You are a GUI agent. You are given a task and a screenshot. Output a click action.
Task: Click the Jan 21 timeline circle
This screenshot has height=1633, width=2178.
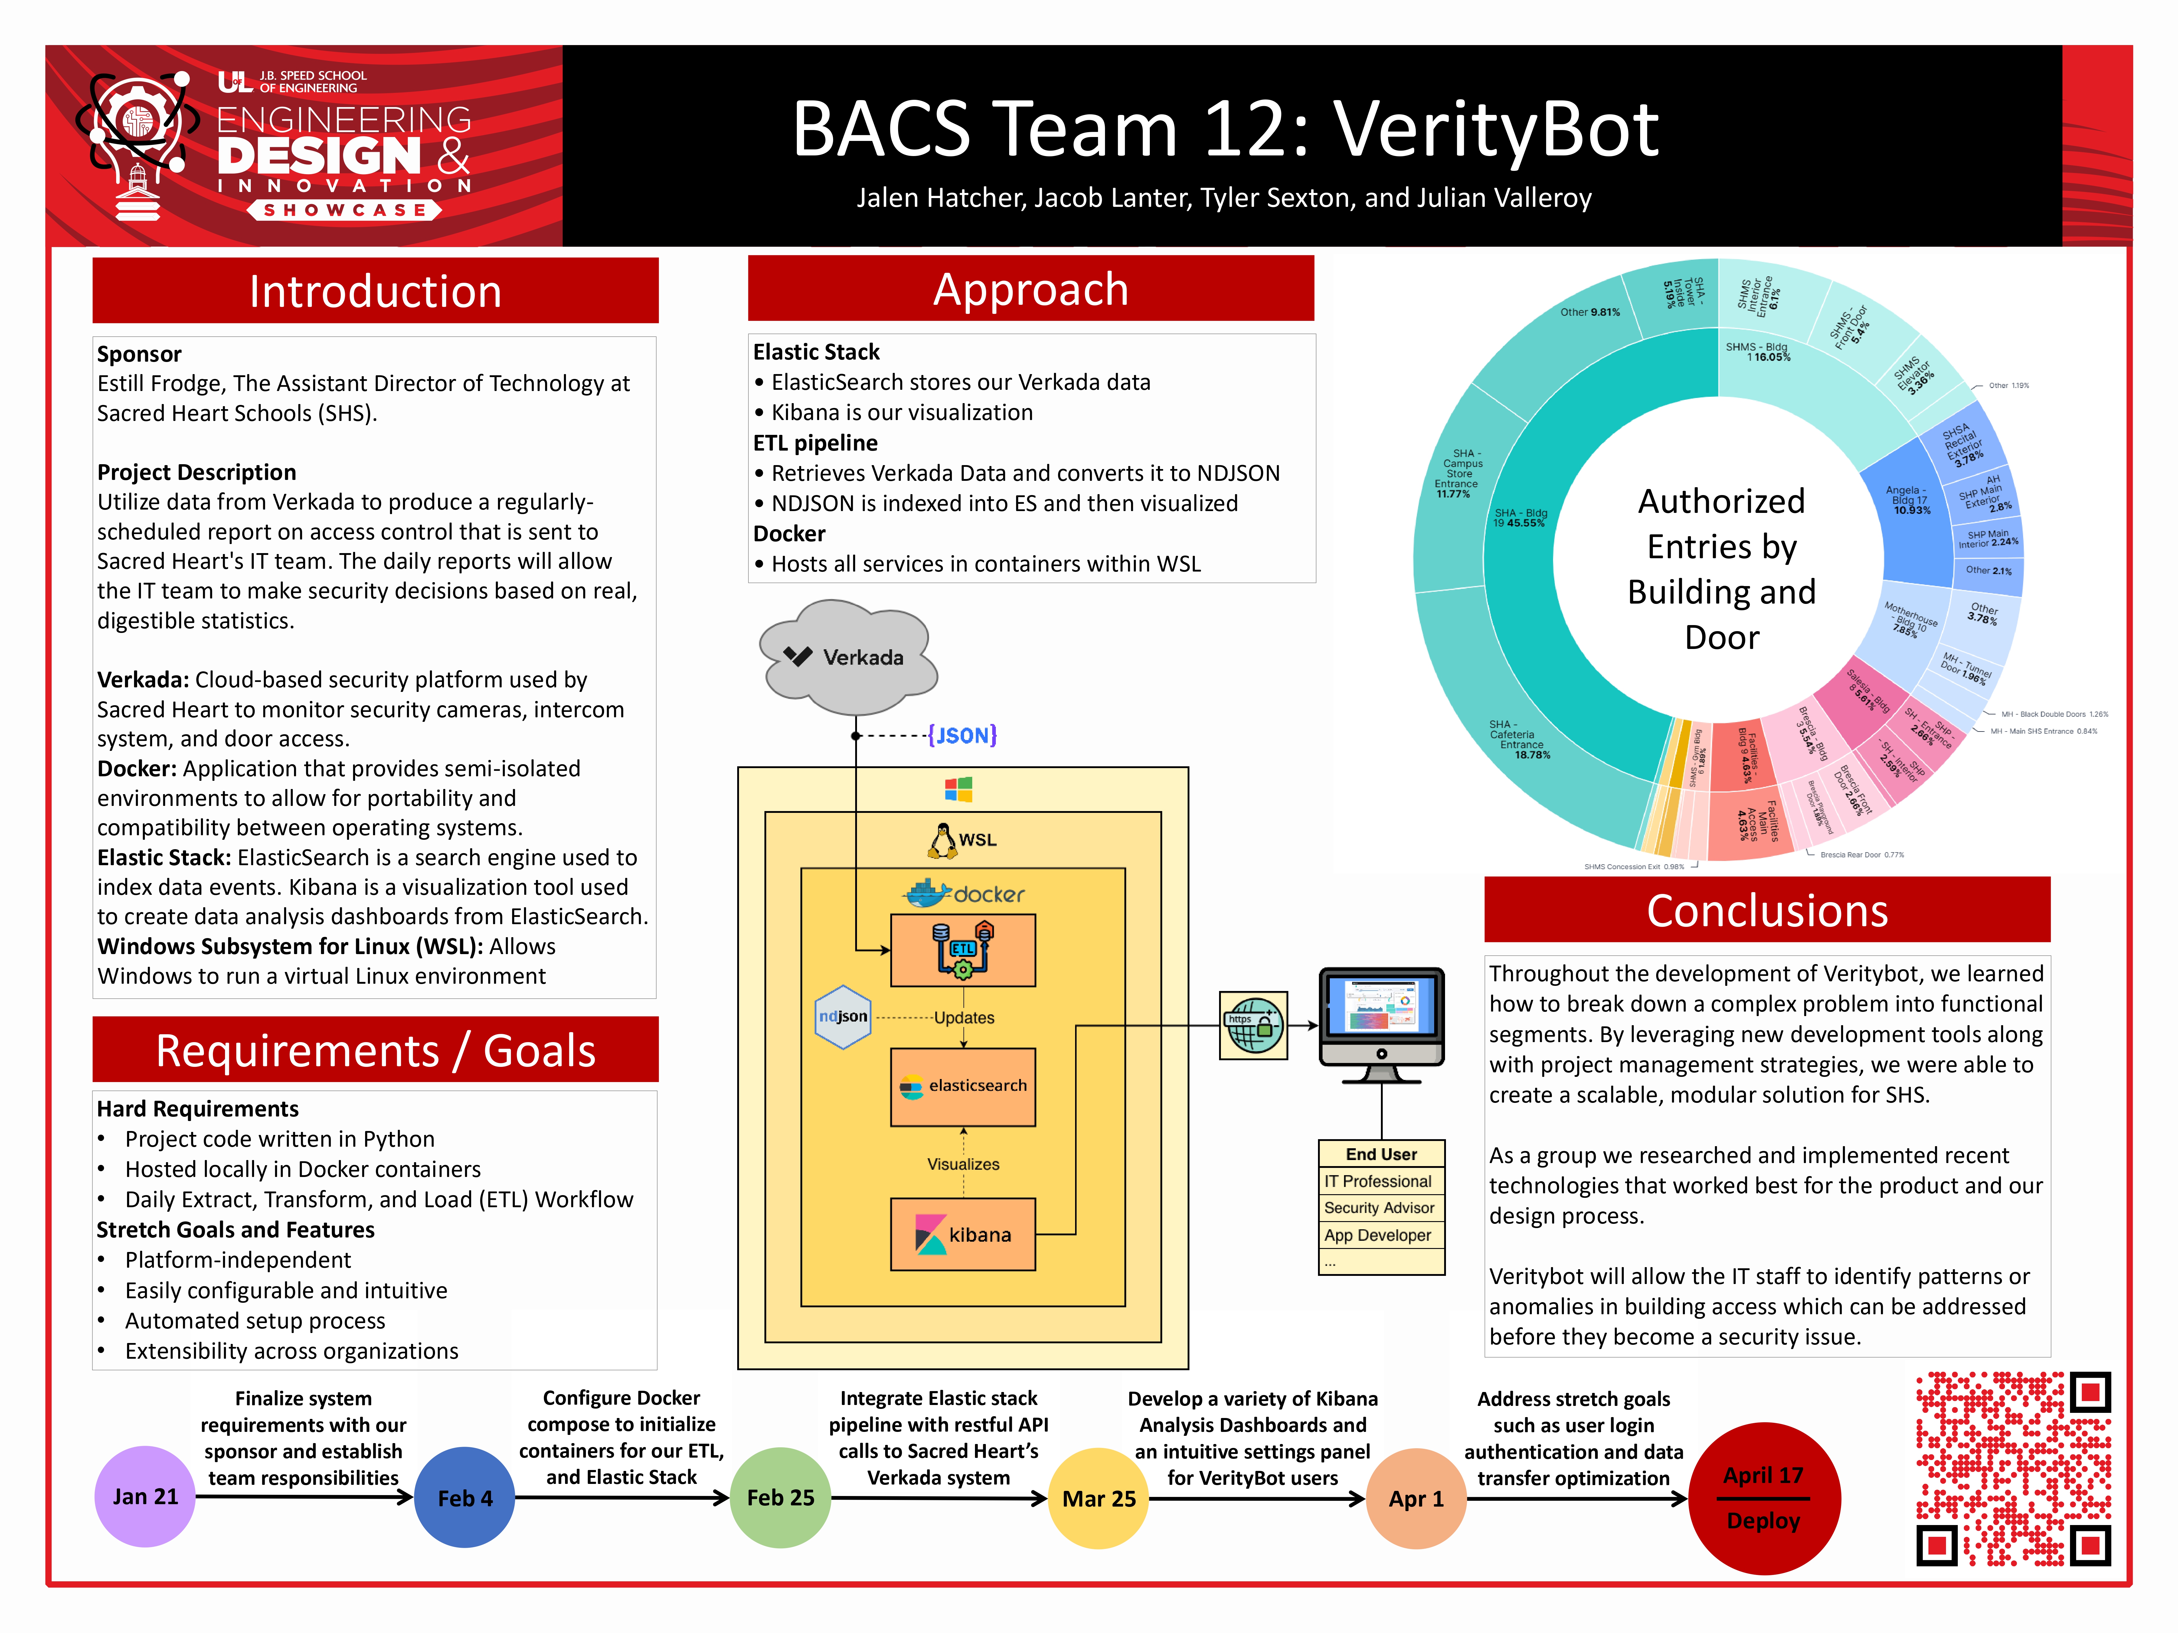(145, 1496)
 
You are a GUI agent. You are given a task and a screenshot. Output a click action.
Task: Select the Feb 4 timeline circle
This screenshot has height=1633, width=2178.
(465, 1497)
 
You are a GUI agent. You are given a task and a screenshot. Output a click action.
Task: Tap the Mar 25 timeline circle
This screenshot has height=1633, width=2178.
(1099, 1498)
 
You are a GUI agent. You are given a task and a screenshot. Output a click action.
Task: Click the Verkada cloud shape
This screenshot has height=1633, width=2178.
(849, 657)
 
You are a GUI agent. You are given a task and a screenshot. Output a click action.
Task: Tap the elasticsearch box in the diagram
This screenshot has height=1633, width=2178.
(963, 1086)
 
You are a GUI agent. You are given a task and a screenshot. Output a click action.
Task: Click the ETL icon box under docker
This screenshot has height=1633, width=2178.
(963, 950)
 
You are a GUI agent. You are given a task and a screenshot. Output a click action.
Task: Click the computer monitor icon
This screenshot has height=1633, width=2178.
(1382, 1024)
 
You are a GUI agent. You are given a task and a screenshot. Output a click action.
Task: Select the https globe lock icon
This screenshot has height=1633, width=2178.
(1254, 1025)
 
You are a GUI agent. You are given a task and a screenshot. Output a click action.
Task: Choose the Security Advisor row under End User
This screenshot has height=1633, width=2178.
(1380, 1208)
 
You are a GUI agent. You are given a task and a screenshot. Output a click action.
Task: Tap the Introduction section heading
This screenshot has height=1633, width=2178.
(375, 291)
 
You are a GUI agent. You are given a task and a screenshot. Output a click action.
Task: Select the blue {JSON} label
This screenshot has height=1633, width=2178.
(962, 735)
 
